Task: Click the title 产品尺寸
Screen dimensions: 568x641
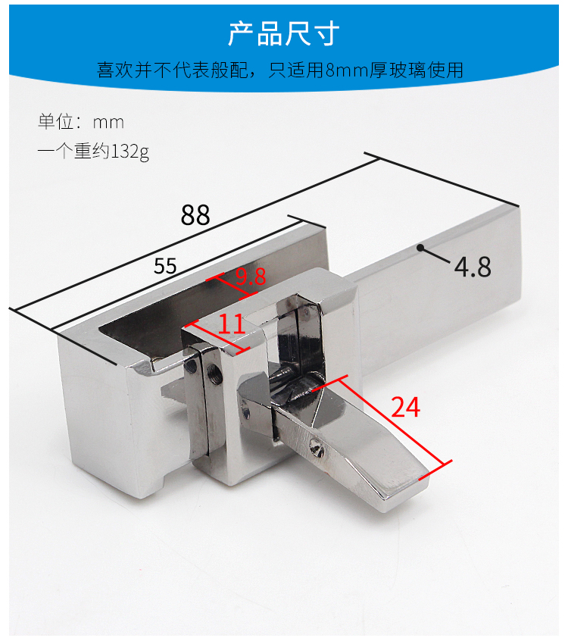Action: tap(283, 33)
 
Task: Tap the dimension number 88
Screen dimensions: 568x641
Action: tap(195, 215)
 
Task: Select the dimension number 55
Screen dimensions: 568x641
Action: tap(165, 266)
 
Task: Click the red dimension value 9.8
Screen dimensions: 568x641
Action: tap(251, 277)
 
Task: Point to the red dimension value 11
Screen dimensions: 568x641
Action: tap(232, 324)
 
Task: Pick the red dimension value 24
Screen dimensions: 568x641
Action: tap(405, 407)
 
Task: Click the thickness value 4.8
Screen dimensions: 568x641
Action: tap(473, 267)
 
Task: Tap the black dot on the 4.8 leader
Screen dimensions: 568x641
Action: tap(420, 248)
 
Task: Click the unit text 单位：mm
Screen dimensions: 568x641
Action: tap(81, 122)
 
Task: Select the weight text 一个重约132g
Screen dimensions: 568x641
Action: tap(93, 152)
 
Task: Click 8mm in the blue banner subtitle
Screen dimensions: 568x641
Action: tap(348, 70)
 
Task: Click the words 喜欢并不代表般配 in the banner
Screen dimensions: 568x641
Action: tap(172, 70)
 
